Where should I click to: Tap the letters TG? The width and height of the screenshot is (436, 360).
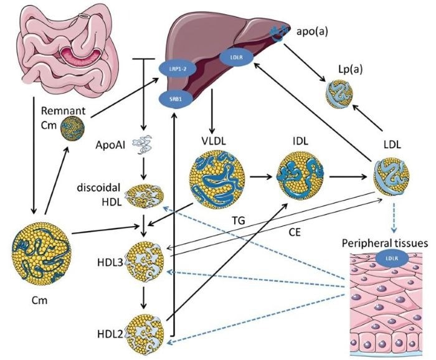click(x=238, y=220)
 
